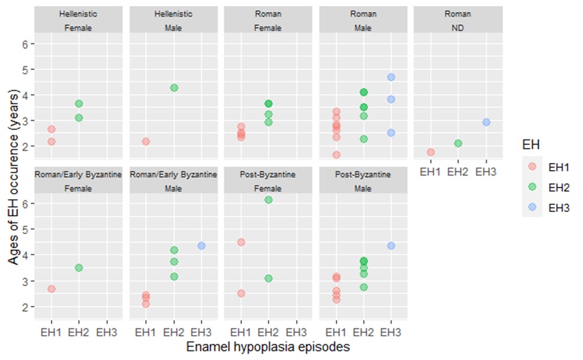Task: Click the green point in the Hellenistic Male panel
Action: coord(174,87)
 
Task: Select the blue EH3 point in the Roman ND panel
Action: coord(486,122)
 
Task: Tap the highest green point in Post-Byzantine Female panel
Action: coord(269,200)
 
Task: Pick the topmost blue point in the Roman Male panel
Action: coord(391,77)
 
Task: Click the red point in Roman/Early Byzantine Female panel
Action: coord(51,289)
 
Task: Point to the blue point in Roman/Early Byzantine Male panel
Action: coord(201,245)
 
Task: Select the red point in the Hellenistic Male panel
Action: coord(146,141)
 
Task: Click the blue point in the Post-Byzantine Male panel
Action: coord(391,245)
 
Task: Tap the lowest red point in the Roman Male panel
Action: coord(336,155)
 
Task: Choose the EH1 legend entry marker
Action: coord(532,168)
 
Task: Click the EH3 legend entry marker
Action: coord(532,208)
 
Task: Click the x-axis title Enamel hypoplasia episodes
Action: coord(269,346)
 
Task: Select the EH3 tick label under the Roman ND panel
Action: coord(486,171)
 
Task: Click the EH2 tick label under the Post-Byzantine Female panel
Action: coord(269,331)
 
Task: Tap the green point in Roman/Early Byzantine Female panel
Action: coord(79,267)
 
